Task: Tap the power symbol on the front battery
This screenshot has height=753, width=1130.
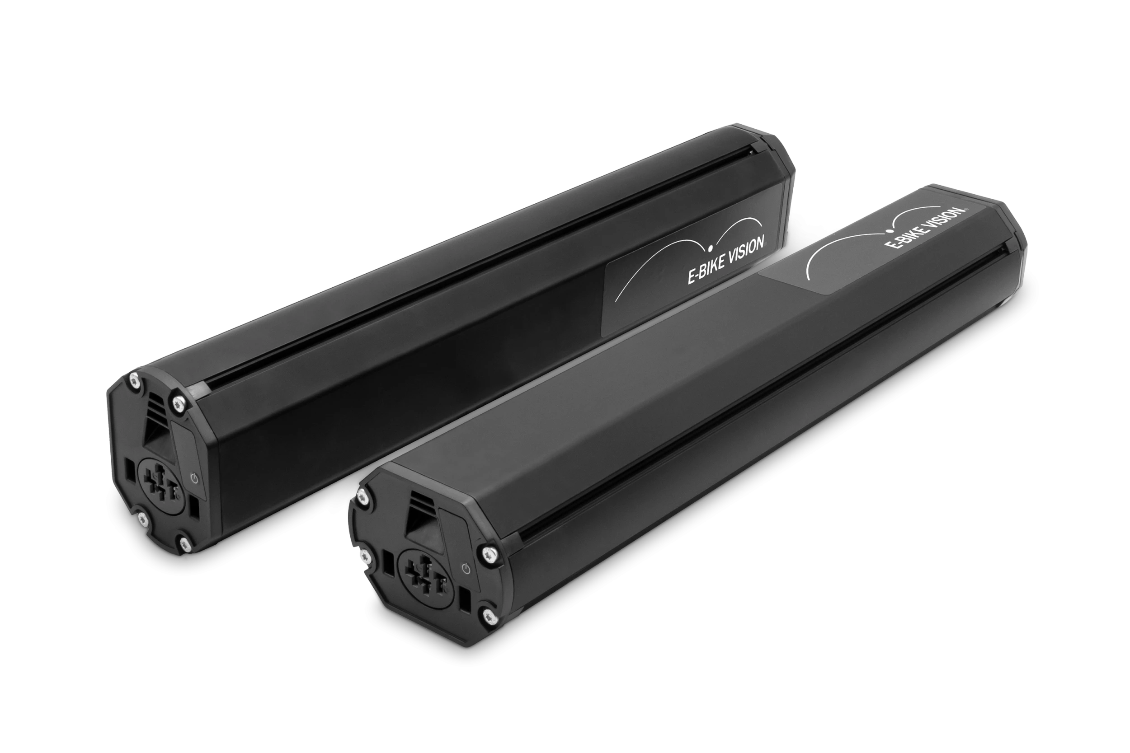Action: coord(464,570)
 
